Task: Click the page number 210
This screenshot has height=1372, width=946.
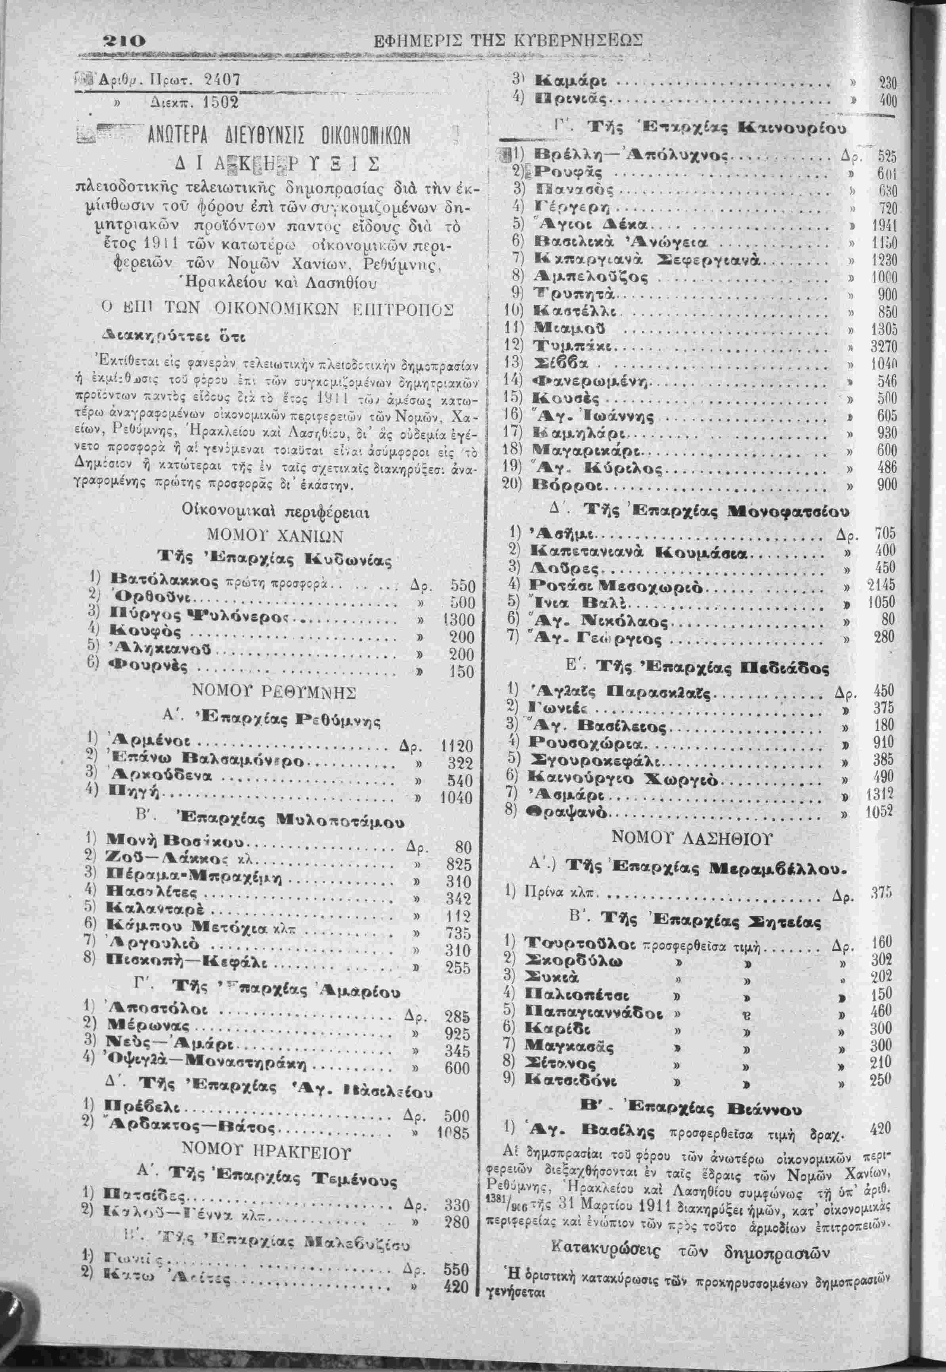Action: [x=123, y=42]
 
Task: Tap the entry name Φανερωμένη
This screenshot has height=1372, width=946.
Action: [x=592, y=380]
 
